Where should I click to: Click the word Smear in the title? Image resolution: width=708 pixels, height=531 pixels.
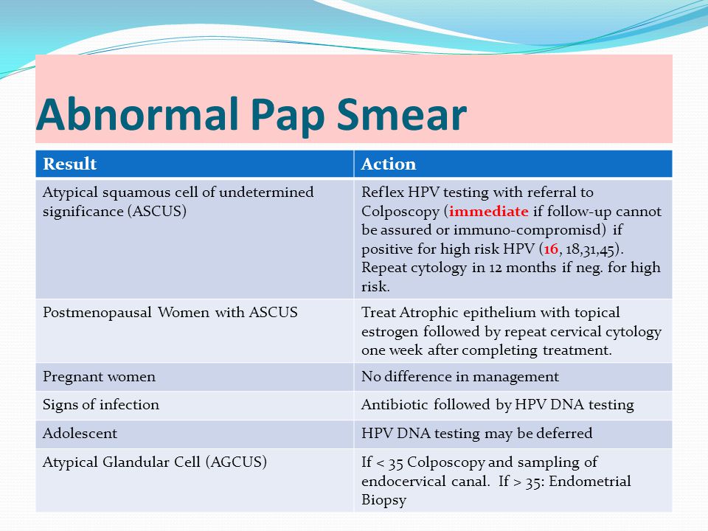tap(401, 114)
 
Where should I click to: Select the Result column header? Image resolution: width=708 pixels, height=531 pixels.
tap(69, 164)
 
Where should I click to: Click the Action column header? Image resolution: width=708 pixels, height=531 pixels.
tap(389, 164)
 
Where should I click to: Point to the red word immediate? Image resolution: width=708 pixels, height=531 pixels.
tap(488, 212)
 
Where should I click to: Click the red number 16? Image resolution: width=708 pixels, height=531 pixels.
tap(551, 249)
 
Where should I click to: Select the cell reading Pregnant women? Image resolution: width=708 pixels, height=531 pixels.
tap(99, 377)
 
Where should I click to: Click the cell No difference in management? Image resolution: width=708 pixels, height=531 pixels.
tap(459, 377)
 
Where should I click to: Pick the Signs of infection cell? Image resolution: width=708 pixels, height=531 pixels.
tap(101, 405)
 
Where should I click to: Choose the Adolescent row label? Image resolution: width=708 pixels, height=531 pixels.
tap(80, 434)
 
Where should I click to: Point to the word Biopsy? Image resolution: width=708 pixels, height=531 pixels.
tap(383, 500)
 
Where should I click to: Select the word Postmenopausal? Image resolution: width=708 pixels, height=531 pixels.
tap(97, 313)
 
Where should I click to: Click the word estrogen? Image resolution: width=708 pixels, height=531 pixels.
tap(389, 333)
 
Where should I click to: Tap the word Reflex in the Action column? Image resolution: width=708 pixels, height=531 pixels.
tap(383, 192)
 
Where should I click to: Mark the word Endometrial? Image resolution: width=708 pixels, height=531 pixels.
tap(590, 481)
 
